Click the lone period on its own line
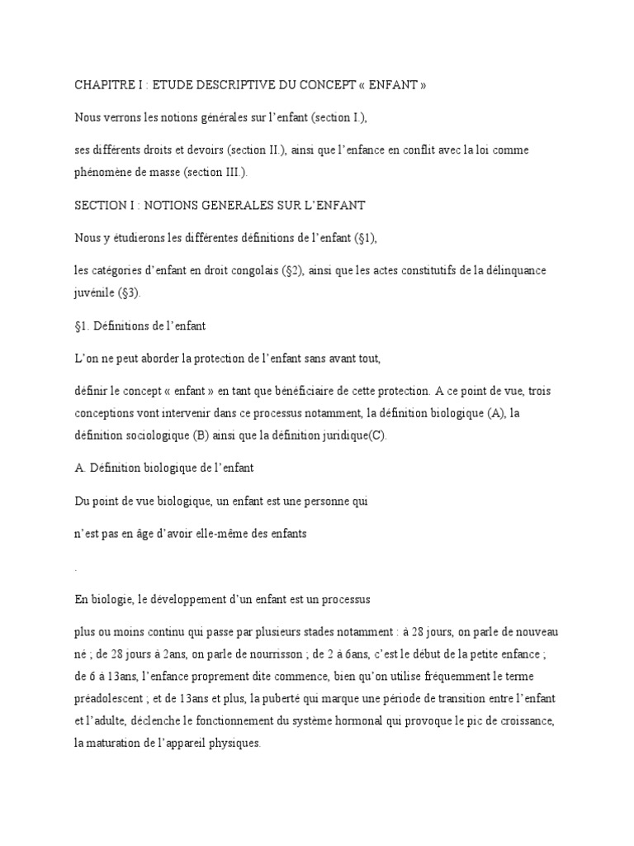[x=75, y=568]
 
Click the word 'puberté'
[x=307, y=697]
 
